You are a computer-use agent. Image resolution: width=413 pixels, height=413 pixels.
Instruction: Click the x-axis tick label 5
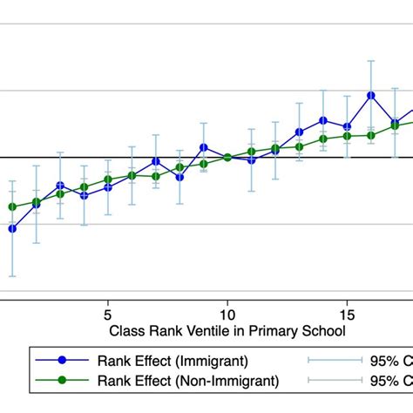click(107, 313)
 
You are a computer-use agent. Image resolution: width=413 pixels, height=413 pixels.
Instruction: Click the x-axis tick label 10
click(227, 313)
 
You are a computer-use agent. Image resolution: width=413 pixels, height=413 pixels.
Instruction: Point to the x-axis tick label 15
click(346, 313)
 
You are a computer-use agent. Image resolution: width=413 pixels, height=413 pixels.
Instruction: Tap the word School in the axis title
click(322, 331)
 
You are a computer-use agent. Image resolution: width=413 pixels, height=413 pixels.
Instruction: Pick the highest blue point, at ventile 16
click(371, 95)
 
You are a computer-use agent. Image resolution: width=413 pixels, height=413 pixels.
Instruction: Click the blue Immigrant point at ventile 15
click(347, 126)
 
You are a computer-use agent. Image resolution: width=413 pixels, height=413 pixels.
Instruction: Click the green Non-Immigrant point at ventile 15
click(347, 136)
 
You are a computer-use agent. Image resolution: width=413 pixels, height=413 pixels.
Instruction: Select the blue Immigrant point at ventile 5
click(108, 187)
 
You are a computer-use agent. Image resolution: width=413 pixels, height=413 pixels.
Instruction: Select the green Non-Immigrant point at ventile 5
click(108, 179)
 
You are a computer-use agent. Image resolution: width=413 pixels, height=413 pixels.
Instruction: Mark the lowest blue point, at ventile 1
click(12, 228)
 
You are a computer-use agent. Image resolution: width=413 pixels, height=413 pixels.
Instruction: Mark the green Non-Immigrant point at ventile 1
click(12, 206)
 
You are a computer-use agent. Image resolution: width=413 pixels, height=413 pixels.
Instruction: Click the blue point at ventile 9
click(203, 148)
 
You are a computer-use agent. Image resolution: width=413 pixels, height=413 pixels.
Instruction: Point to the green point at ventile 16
click(371, 135)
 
